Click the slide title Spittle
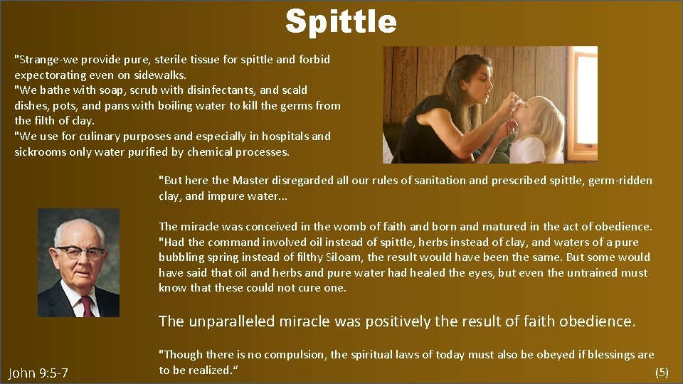click(x=341, y=21)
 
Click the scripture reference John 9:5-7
click(x=38, y=373)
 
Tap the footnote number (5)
click(x=661, y=372)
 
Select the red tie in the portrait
click(x=87, y=305)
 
